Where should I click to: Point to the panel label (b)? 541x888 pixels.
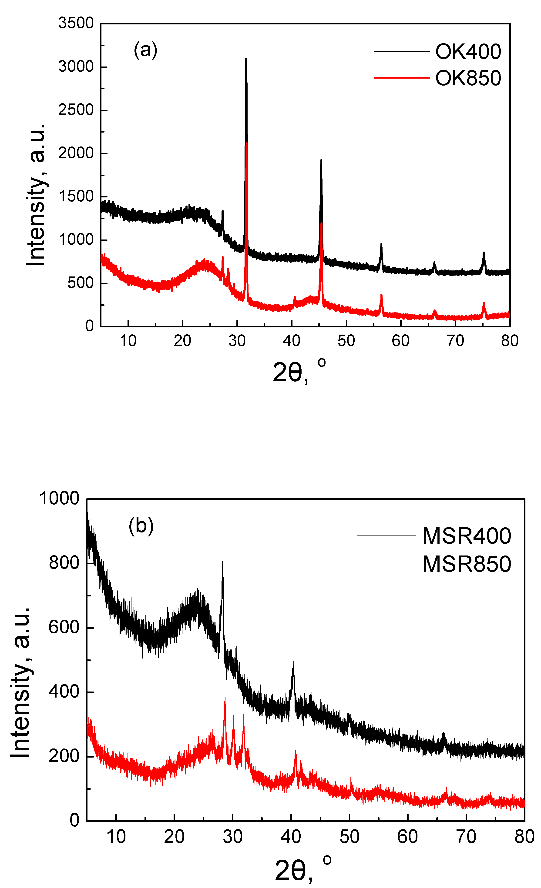point(141,525)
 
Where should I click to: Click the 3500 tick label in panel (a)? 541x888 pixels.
point(76,23)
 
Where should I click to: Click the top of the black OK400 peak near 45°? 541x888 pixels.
point(321,160)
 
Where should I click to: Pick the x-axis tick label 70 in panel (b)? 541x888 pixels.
point(466,837)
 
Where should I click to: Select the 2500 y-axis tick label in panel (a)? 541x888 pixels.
point(76,110)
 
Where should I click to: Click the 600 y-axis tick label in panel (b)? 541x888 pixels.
point(64,627)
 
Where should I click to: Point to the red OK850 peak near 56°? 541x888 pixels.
point(381,295)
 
